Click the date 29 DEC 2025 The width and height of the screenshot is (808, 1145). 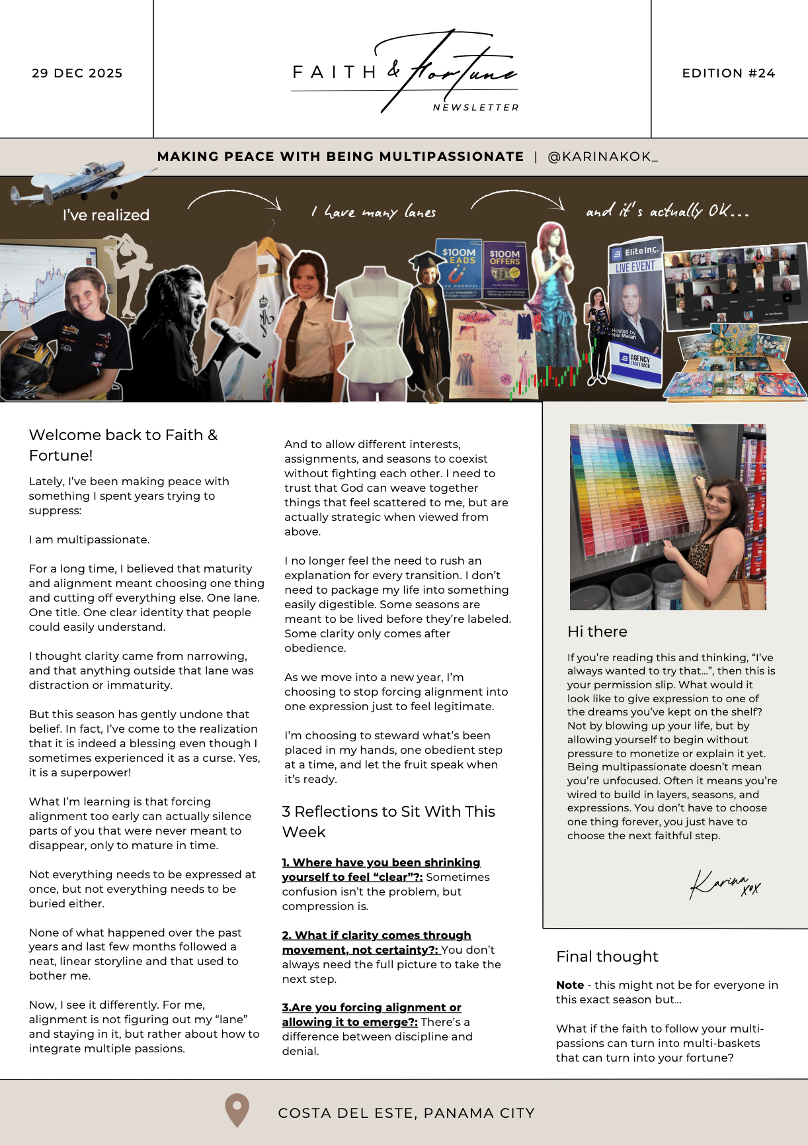coord(77,73)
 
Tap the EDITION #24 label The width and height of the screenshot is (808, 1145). coord(728,73)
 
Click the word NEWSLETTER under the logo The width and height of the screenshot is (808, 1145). coord(476,108)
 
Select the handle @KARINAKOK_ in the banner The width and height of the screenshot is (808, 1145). coord(602,157)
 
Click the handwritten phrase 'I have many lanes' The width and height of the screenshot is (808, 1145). coord(374,212)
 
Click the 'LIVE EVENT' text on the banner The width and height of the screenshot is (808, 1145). coord(635,267)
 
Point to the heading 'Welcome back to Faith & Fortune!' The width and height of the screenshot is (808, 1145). coord(123,445)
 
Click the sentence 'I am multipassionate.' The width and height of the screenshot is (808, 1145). coord(89,539)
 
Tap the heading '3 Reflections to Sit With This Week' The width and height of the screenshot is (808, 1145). coord(388,821)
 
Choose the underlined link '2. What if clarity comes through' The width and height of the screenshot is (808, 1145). coord(376,935)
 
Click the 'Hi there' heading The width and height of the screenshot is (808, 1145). coord(597,631)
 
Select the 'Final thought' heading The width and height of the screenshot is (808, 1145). coord(607,956)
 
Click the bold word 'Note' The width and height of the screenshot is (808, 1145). coord(570,985)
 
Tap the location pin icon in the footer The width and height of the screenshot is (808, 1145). coord(237,1110)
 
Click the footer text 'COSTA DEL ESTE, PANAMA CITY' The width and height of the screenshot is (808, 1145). coord(406,1113)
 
